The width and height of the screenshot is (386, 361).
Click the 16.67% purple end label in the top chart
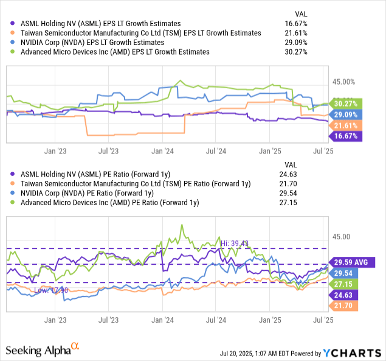(343, 136)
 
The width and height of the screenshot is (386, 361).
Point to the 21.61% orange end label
(343, 125)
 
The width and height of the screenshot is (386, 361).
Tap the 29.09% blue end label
(343, 114)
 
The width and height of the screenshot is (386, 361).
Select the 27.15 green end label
(343, 284)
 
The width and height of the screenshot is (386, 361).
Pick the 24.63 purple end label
(343, 295)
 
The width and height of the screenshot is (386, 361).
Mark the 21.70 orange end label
(343, 306)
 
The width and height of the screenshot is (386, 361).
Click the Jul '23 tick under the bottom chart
(110, 318)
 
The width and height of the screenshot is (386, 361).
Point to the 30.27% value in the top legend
(295, 52)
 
